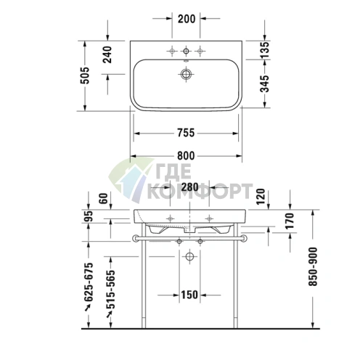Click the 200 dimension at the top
point(187,18)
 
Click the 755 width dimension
point(186,132)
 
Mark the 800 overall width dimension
point(186,155)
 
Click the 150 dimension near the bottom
point(189,295)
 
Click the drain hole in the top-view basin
point(187,73)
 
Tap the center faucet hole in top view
point(187,50)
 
